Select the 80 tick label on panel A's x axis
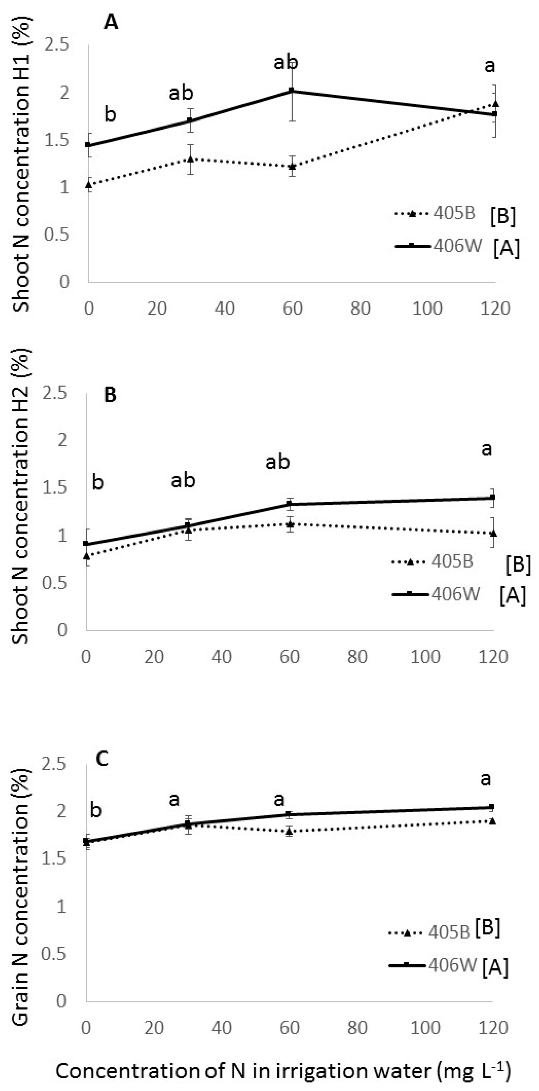[x=360, y=308]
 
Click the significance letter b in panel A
[x=110, y=114]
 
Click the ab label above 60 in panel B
[x=278, y=462]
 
